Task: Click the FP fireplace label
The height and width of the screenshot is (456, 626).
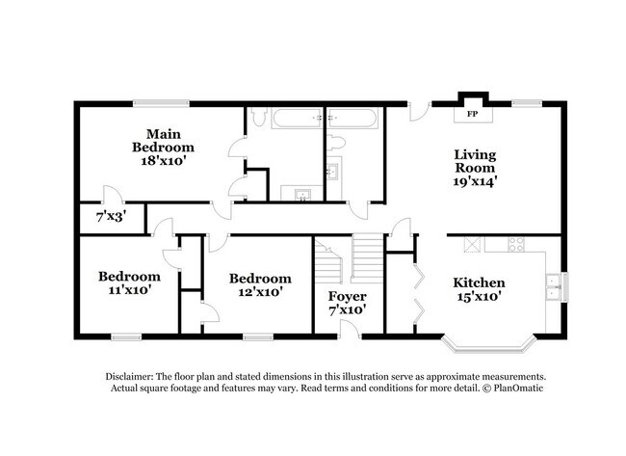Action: [x=473, y=115]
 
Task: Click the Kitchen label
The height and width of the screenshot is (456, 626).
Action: [x=479, y=282]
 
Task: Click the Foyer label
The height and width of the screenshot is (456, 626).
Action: [x=347, y=296]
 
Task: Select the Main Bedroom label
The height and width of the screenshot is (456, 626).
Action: [x=163, y=140]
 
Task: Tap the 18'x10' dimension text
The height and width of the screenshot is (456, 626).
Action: [x=163, y=161]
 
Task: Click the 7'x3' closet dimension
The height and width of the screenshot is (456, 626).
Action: [x=109, y=218]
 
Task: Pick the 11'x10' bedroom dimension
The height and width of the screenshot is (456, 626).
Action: [x=124, y=288]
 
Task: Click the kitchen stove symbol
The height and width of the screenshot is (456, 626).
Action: [x=473, y=244]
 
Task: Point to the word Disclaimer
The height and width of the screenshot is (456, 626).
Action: [x=132, y=377]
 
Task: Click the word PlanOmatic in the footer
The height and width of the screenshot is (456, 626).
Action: [x=515, y=389]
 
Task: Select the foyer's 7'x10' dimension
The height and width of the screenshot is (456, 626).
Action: [x=347, y=309]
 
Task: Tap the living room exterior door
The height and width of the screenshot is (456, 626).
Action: [x=418, y=111]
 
